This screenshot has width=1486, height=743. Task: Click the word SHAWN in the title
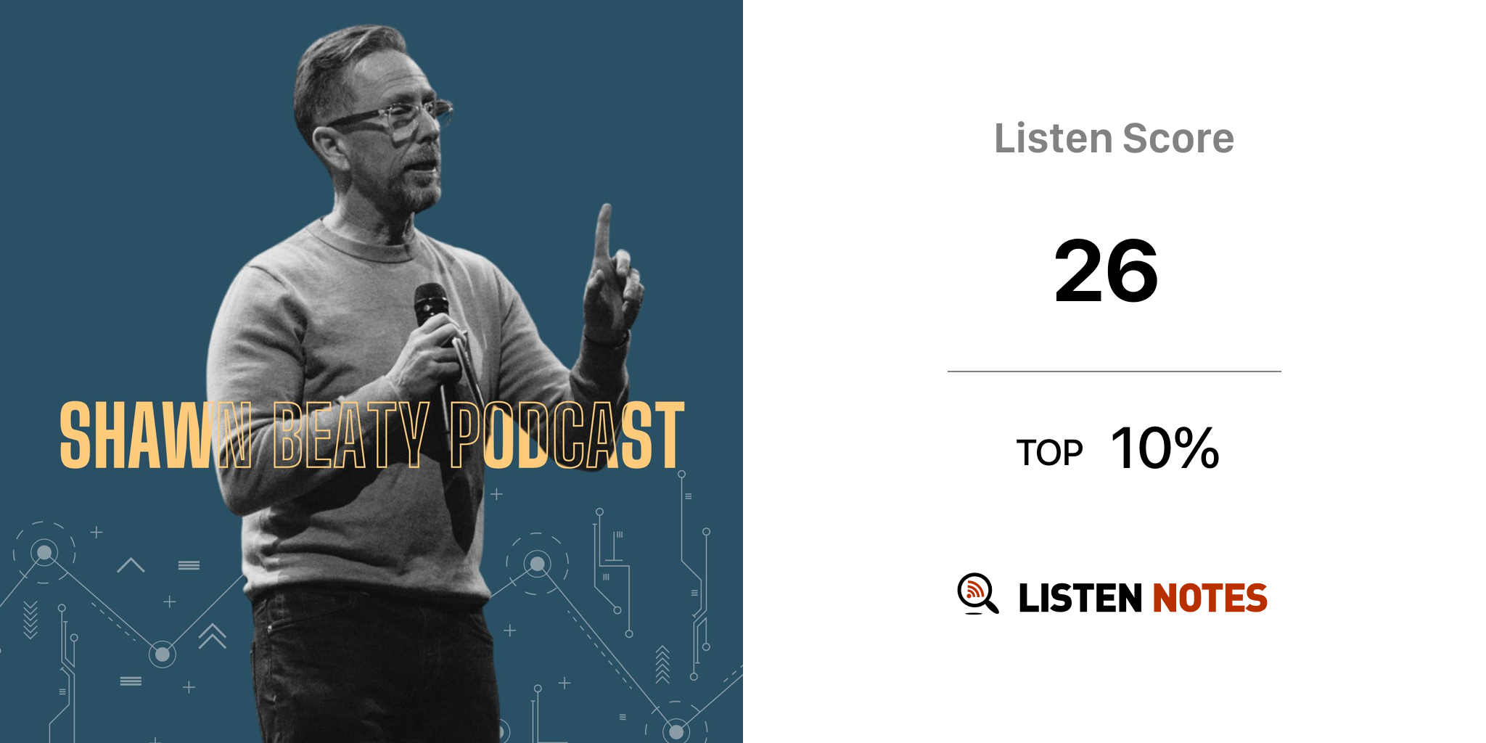[156, 435]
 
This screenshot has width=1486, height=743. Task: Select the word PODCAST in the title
[567, 435]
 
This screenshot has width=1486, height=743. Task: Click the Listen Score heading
[1114, 139]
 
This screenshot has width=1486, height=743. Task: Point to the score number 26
[1107, 271]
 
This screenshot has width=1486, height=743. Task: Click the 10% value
[1165, 448]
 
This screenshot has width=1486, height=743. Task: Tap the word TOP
[1049, 453]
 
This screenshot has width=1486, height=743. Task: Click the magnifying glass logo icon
[977, 594]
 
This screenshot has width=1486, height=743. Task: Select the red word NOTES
[1210, 598]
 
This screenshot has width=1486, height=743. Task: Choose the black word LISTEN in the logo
[1080, 598]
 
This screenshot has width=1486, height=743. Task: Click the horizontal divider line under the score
[1114, 371]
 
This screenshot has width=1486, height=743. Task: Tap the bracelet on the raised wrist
[607, 339]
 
